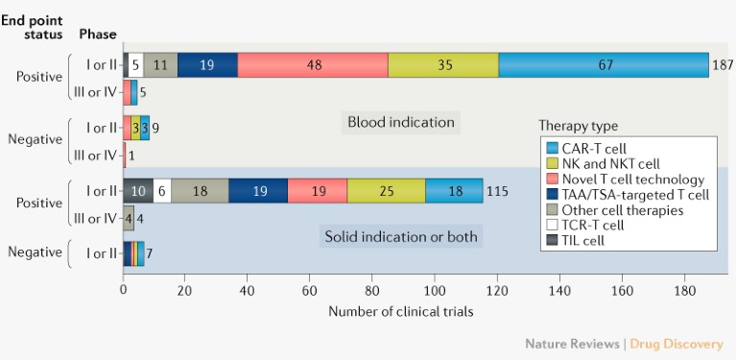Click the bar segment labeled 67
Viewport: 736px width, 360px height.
point(604,65)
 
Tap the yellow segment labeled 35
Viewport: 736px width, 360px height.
point(443,65)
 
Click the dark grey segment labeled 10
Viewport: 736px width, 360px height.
point(138,190)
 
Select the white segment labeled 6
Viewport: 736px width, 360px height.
point(162,190)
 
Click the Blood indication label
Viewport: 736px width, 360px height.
point(400,122)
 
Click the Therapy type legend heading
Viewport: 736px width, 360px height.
point(578,126)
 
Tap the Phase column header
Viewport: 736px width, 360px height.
point(97,34)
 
